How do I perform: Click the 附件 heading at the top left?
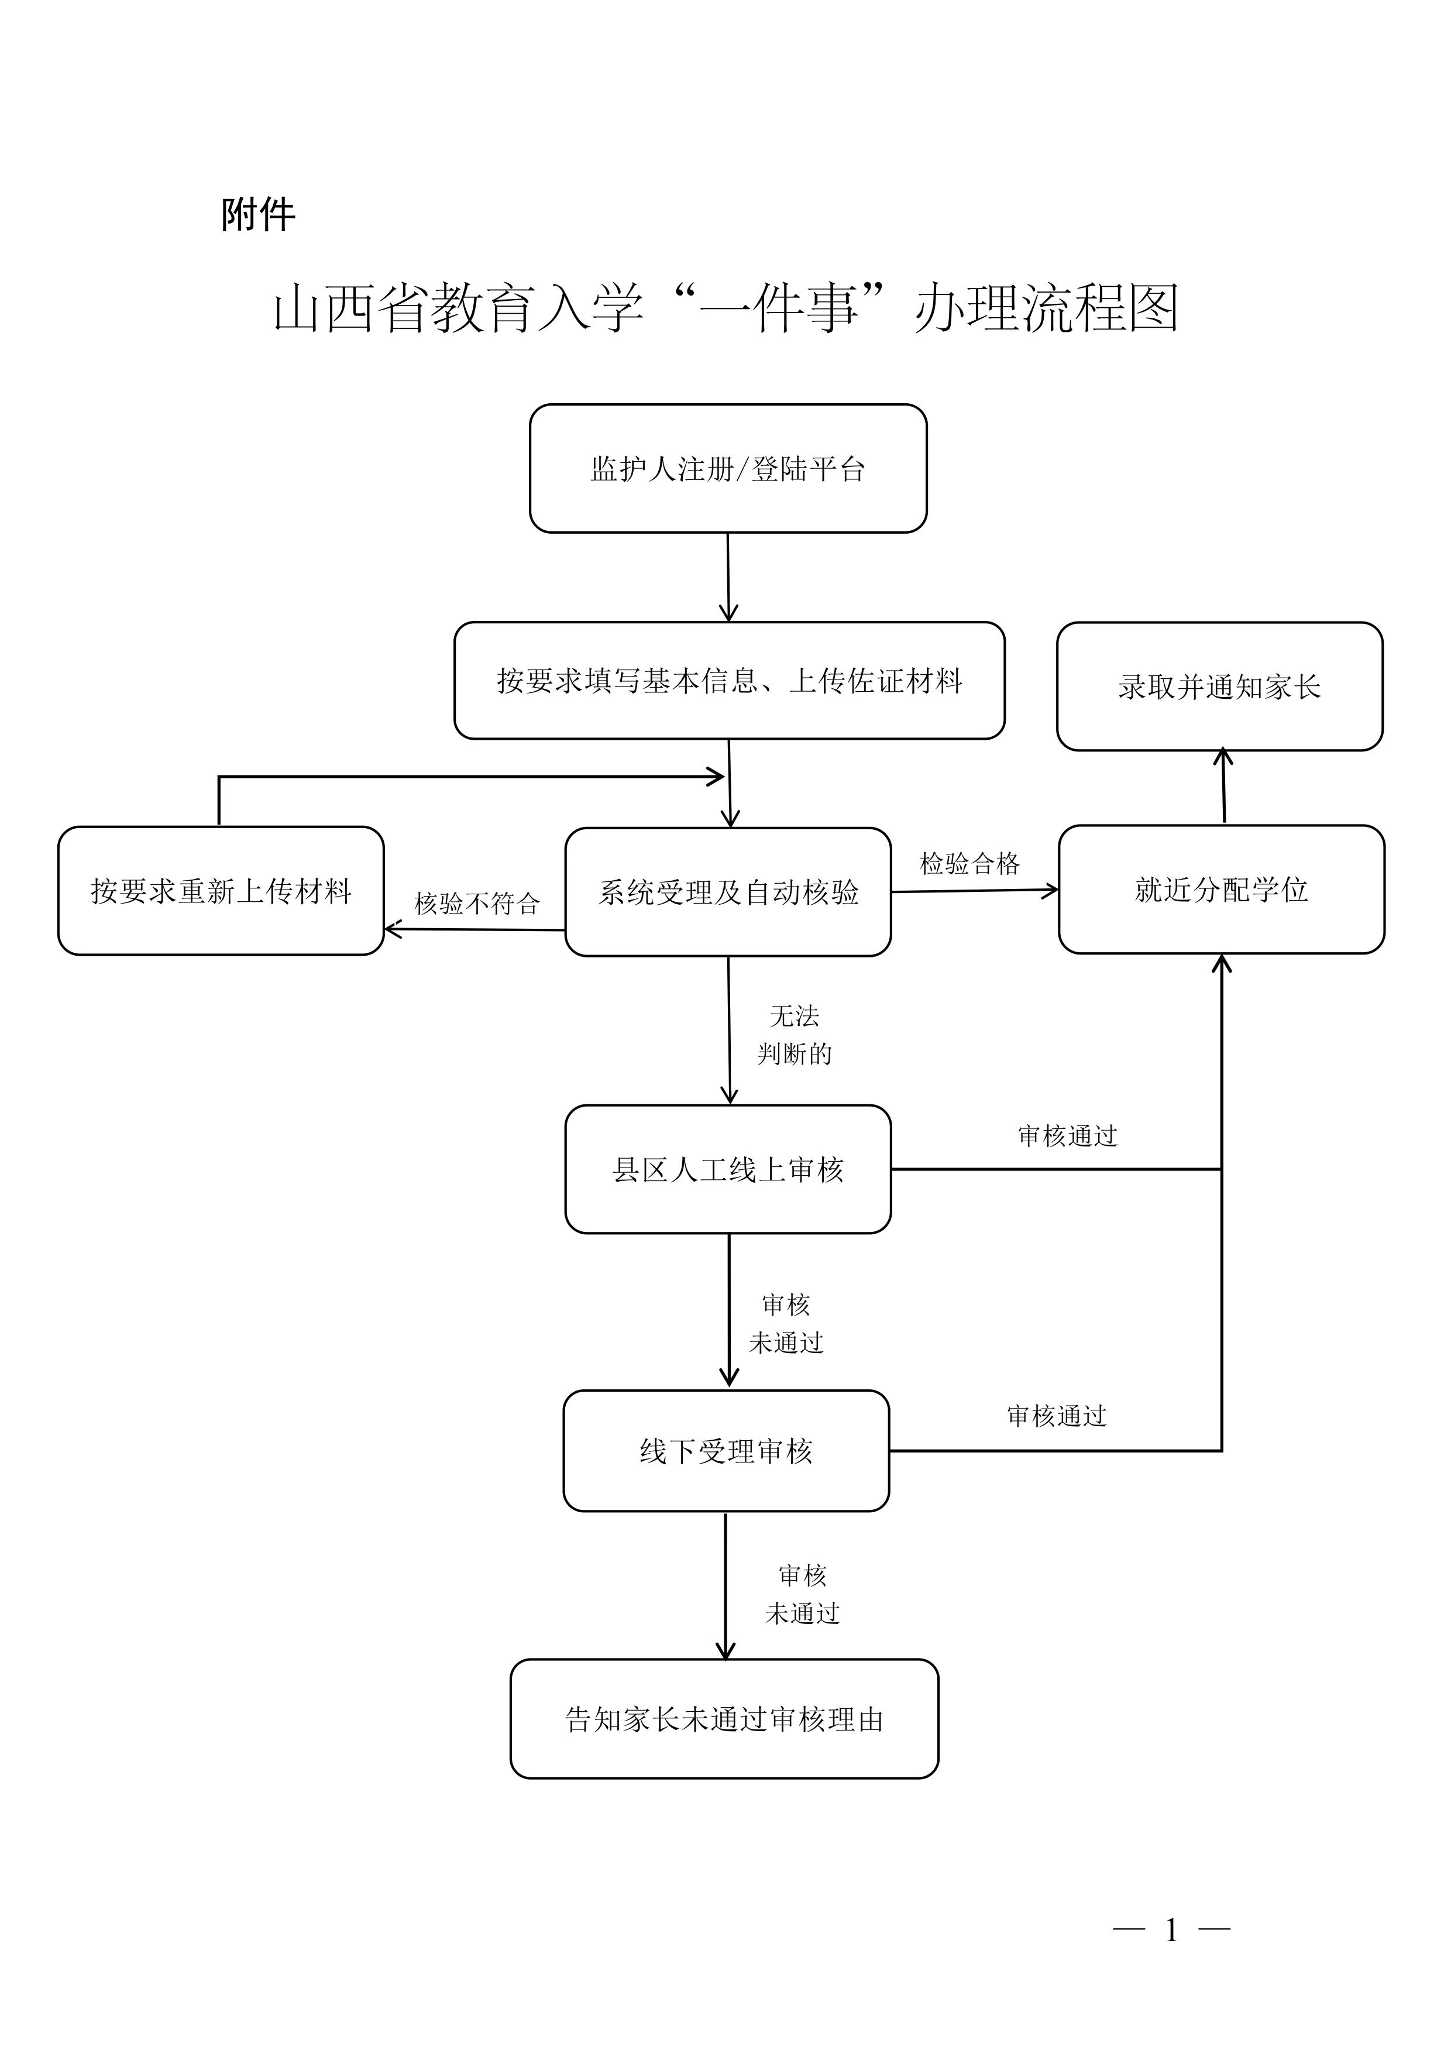259,215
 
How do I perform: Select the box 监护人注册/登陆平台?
728,469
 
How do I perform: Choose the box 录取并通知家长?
1219,686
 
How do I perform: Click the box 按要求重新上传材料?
221,891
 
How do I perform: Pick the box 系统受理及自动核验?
728,891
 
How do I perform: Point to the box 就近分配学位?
1220,889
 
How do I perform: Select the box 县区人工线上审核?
728,1169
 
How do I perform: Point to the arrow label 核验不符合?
476,903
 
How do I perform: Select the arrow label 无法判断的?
794,1035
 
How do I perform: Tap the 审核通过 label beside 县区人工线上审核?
1067,1135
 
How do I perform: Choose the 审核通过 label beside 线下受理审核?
1057,1416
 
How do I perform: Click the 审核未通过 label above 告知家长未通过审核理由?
802,1594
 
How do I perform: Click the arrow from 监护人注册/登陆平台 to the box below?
728,576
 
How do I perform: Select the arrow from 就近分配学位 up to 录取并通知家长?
1223,787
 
